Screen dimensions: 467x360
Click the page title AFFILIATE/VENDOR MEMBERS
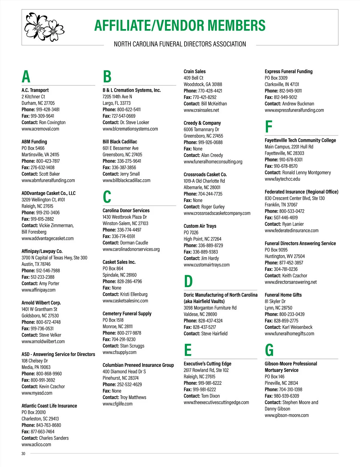coord(180,25)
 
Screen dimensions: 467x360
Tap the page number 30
coord(23,454)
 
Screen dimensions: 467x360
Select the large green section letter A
coord(26,77)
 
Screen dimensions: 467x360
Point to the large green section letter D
coord(188,281)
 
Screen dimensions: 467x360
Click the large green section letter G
coord(269,350)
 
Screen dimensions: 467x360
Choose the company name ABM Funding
coord(34,142)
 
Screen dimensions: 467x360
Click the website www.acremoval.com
coord(40,129)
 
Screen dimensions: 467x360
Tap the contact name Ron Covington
coord(52,122)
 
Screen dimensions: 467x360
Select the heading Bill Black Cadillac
coord(120,142)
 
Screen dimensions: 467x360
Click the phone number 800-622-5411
coord(129,109)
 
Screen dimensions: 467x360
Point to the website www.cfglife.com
coord(117,404)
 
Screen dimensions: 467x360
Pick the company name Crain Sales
coord(194,71)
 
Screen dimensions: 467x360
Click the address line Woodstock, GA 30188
coord(203,84)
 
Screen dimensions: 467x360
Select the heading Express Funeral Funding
coord(288,71)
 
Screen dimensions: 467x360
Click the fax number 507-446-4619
coord(286,218)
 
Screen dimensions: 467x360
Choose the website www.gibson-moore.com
coord(286,415)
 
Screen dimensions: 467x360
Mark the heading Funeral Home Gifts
coord(283,295)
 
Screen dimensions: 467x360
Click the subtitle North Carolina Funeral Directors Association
coord(180,44)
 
